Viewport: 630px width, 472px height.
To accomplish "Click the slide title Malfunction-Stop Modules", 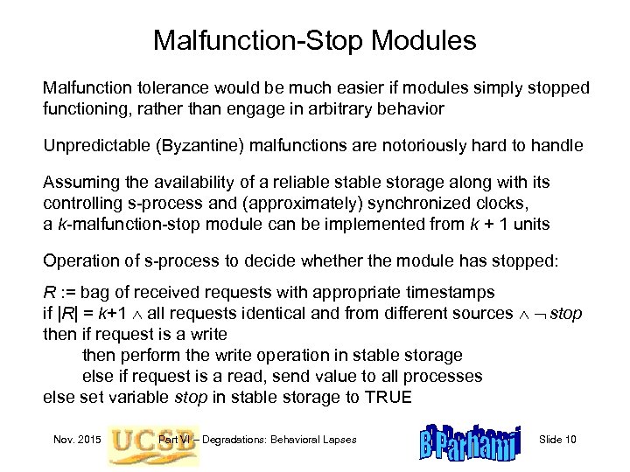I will [x=314, y=40].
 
